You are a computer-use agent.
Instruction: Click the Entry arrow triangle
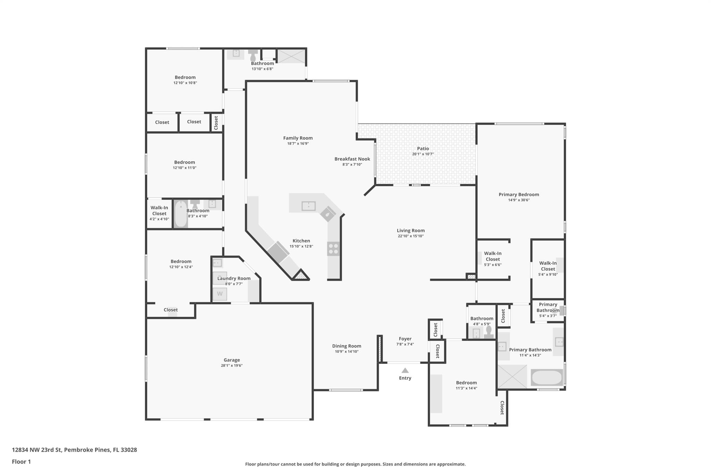pyautogui.click(x=405, y=370)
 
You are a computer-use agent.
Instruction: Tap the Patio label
pyautogui.click(x=423, y=148)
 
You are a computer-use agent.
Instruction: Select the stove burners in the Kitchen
pyautogui.click(x=333, y=249)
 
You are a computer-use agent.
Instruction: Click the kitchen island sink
pyautogui.click(x=309, y=206)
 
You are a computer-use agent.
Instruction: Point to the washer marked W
pyautogui.click(x=220, y=294)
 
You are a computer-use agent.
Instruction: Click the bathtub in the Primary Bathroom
pyautogui.click(x=547, y=377)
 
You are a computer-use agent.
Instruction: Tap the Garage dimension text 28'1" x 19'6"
pyautogui.click(x=232, y=366)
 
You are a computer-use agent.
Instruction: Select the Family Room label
pyautogui.click(x=298, y=138)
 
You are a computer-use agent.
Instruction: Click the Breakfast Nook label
pyautogui.click(x=352, y=159)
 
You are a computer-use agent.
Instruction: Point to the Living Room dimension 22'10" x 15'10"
pyautogui.click(x=411, y=236)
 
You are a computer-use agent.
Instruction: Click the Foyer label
pyautogui.click(x=405, y=338)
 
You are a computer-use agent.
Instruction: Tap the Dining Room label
pyautogui.click(x=346, y=346)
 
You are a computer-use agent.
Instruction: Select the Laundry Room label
pyautogui.click(x=234, y=278)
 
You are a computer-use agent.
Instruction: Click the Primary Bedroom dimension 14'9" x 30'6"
pyautogui.click(x=519, y=200)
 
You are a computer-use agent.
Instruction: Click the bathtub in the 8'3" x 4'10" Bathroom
pyautogui.click(x=180, y=214)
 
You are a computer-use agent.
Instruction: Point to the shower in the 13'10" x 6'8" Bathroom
pyautogui.click(x=291, y=56)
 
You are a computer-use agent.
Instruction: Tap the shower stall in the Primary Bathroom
pyautogui.click(x=512, y=376)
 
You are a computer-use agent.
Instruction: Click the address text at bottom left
pyautogui.click(x=74, y=450)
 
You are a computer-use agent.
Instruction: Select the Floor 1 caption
pyautogui.click(x=21, y=461)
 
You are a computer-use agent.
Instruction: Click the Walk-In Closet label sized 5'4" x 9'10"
pyautogui.click(x=548, y=266)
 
